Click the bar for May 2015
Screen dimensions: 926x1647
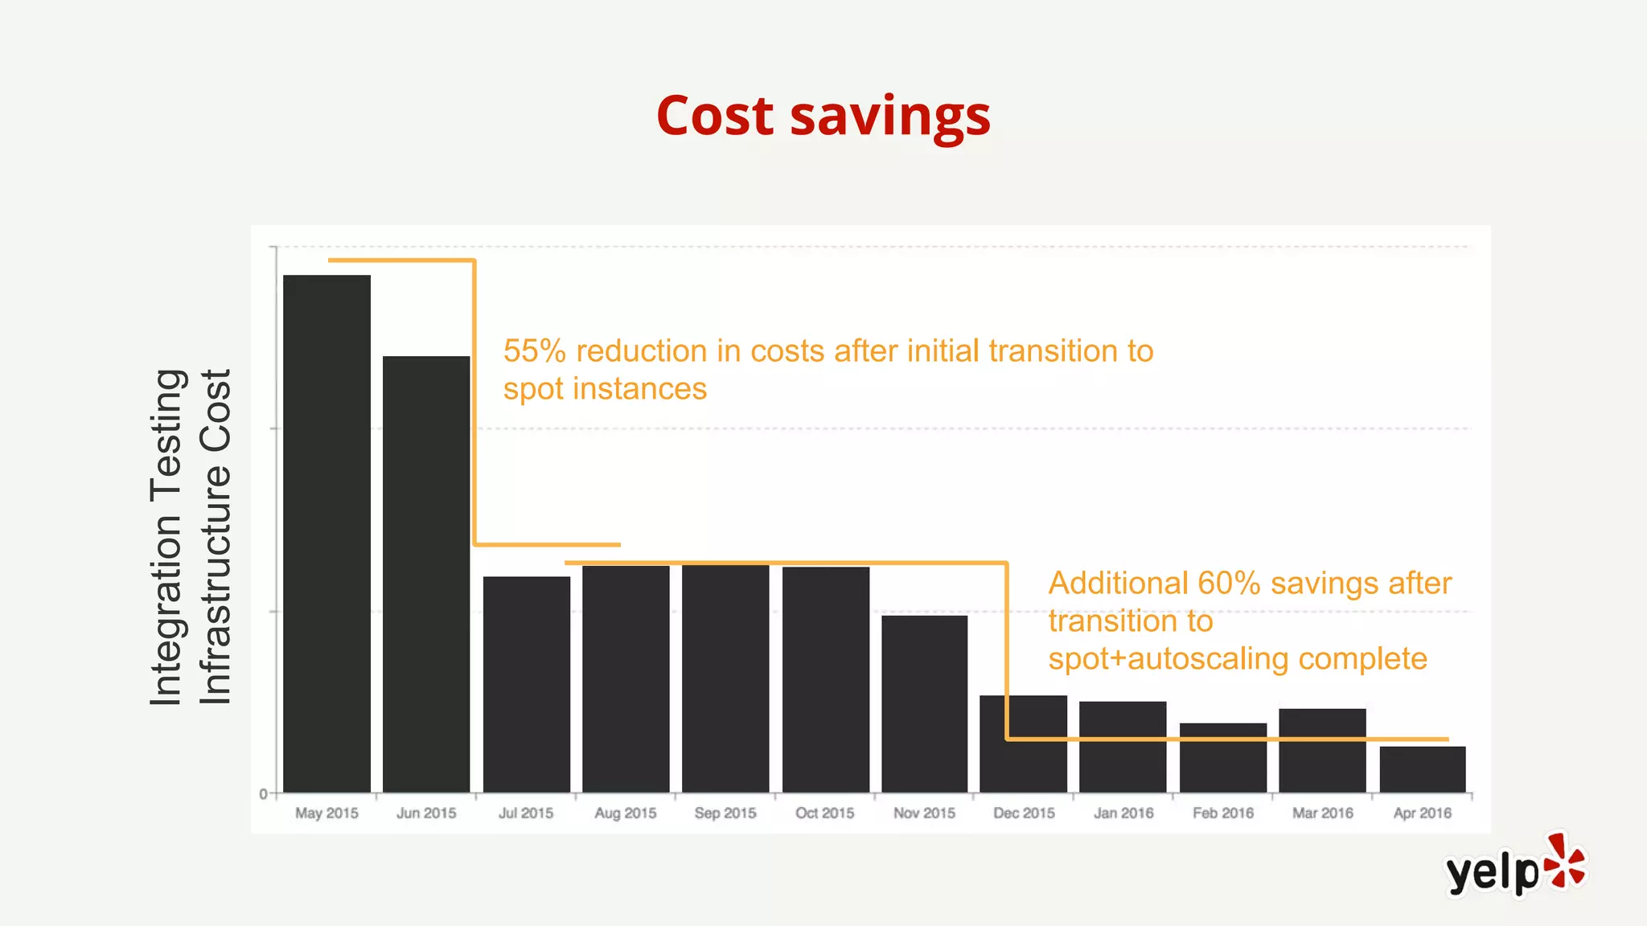327,534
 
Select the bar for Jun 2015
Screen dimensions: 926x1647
426,574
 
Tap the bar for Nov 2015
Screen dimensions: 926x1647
924,703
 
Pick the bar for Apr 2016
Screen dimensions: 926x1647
1422,769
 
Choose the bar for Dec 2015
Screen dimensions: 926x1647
1023,744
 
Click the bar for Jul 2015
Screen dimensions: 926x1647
526,684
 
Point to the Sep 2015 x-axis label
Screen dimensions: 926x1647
725,813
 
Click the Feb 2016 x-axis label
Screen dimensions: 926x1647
1222,813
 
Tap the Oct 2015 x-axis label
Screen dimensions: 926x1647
824,813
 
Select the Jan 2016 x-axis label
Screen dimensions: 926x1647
1123,813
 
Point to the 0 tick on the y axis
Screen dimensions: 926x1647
263,794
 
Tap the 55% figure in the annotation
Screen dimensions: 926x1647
534,351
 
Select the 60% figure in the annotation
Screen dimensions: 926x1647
1228,584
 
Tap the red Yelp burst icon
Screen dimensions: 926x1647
1565,862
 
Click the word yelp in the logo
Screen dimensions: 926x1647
1492,872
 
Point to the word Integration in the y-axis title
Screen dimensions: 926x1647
166,610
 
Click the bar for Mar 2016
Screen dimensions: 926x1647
1322,750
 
